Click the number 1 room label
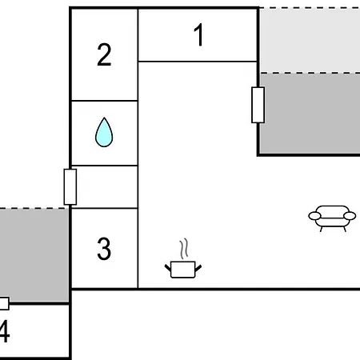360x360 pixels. (x=199, y=34)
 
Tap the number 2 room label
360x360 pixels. (x=104, y=54)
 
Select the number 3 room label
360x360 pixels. (x=104, y=249)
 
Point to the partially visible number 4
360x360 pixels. (x=5, y=330)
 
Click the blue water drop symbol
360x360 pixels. (x=104, y=132)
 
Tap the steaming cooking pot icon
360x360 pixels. (x=183, y=258)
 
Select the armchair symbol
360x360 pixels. (x=332, y=218)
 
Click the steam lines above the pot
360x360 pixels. (x=183, y=249)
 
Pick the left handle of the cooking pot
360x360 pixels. (x=168, y=268)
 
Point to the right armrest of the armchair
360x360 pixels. (x=350, y=216)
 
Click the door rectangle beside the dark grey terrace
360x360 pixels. (x=258, y=105)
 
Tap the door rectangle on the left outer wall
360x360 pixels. (x=70, y=186)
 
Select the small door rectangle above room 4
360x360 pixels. (x=4, y=303)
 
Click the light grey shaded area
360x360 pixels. (x=310, y=40)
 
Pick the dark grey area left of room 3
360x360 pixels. (x=34, y=255)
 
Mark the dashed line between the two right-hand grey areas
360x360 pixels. (x=310, y=73)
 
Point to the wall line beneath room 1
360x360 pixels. (x=198, y=62)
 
